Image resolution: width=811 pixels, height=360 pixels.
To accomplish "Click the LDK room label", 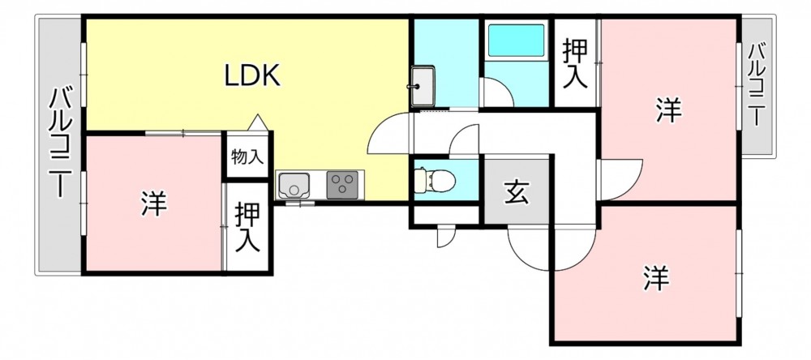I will coord(252,76).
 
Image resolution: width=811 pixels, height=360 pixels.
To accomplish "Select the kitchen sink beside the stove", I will coord(293,185).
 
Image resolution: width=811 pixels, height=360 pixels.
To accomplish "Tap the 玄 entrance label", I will coord(516,192).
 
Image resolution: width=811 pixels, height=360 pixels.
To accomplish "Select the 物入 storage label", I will coord(247,156).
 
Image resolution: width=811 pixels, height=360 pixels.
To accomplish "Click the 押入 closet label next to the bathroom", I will coord(575,62).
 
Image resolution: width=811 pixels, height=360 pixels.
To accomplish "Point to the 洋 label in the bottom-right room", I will coord(656,277).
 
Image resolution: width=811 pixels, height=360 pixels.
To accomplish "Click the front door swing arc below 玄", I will coord(531,252).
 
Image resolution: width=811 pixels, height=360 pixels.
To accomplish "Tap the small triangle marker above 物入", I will coord(258,122).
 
